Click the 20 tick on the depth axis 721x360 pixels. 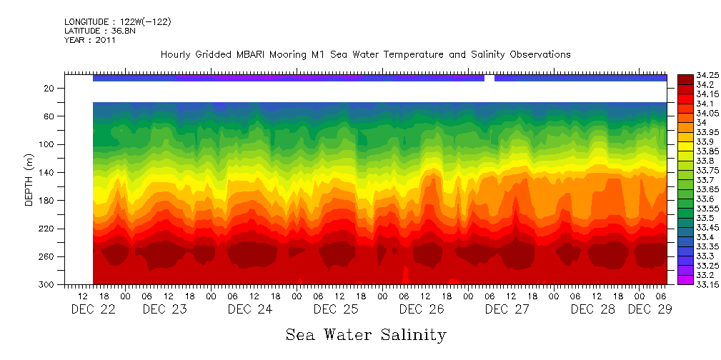click(x=49, y=88)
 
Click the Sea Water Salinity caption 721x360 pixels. click(x=366, y=334)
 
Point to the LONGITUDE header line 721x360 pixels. click(x=118, y=22)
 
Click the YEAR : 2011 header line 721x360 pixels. click(x=90, y=40)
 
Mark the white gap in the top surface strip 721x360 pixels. click(x=489, y=78)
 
